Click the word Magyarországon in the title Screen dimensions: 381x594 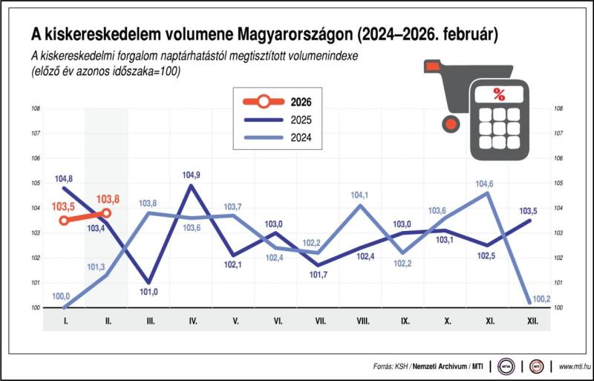point(295,34)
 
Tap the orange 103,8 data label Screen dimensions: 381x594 point(108,199)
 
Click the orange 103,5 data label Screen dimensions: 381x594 point(65,207)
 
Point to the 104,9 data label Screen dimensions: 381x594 point(192,175)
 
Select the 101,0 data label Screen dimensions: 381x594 point(149,291)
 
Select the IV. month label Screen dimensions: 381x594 point(192,320)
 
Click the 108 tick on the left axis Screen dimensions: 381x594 point(35,108)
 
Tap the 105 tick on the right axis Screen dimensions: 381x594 point(558,183)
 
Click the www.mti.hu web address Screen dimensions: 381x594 point(574,366)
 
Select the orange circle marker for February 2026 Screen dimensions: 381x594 point(107,213)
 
